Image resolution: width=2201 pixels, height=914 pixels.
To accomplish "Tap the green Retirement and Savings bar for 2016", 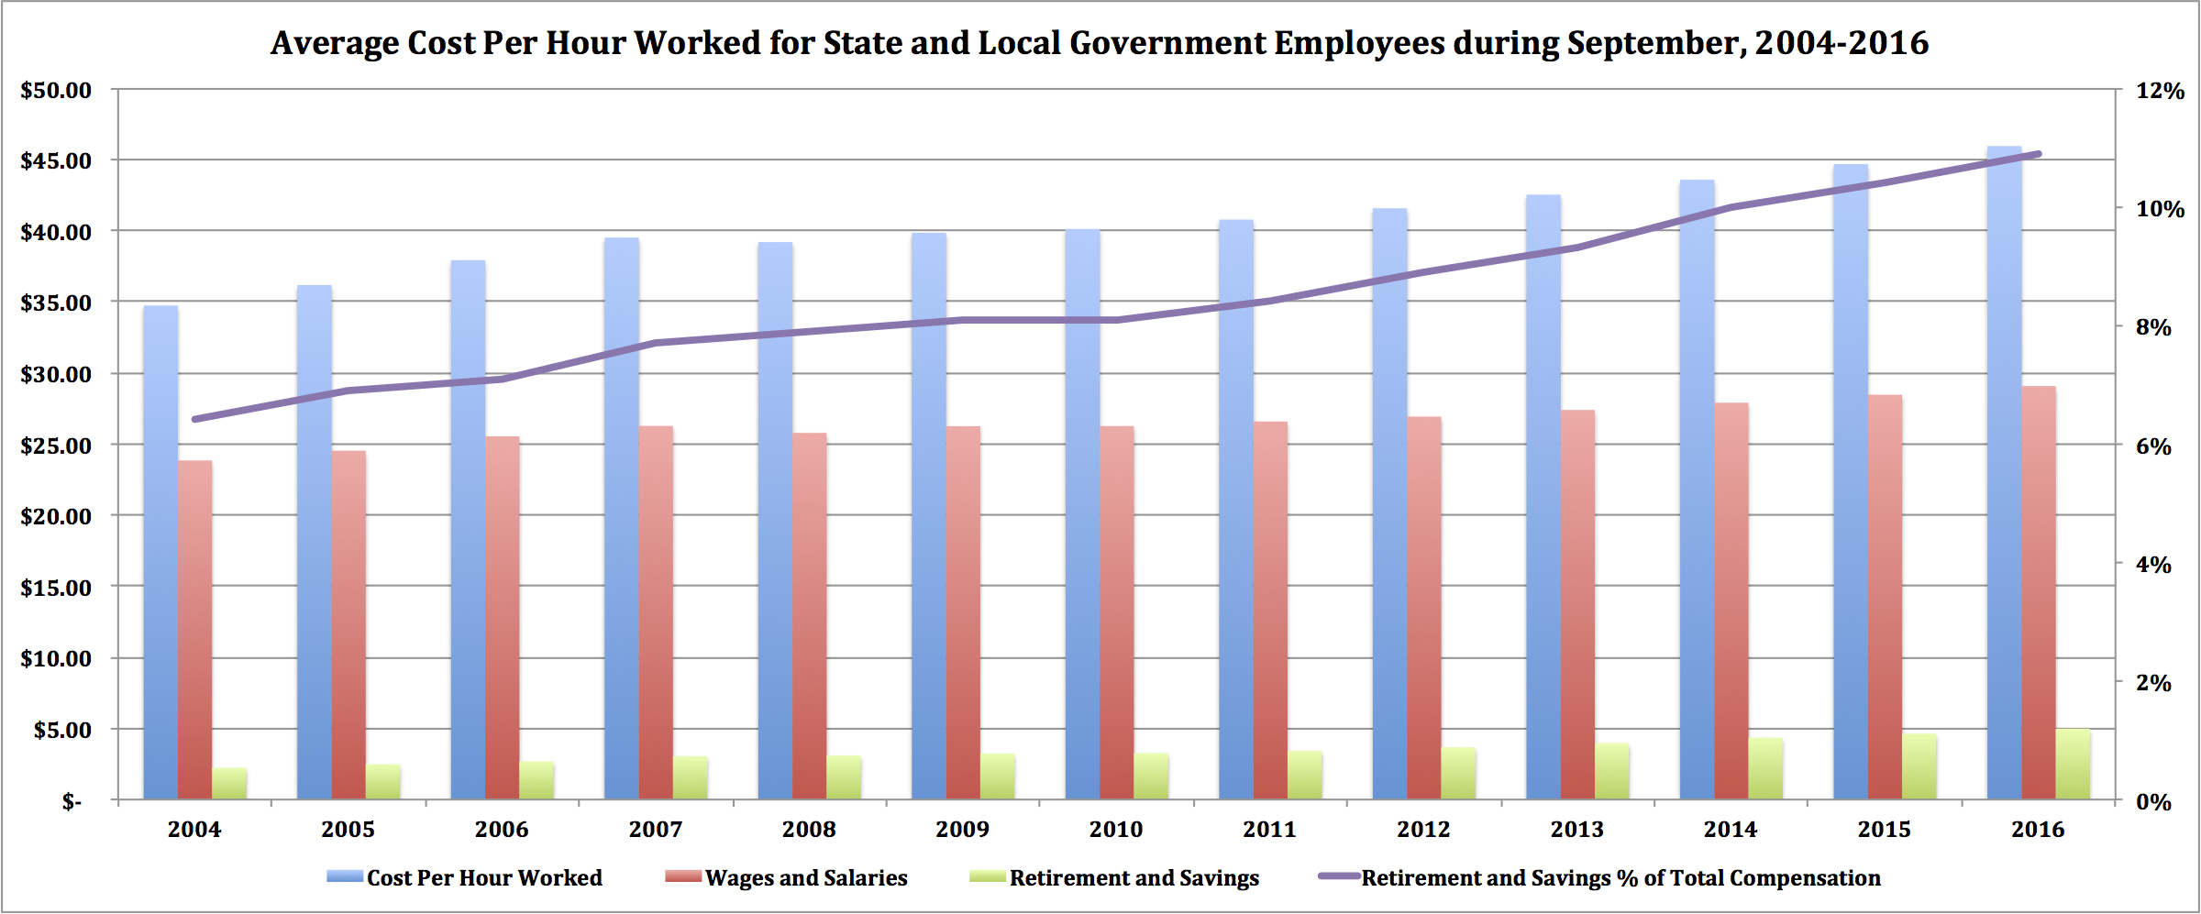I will coord(2073,765).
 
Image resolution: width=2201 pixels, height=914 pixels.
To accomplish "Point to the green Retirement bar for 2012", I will coord(1458,774).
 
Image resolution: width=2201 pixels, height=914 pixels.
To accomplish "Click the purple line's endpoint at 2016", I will coord(2038,154).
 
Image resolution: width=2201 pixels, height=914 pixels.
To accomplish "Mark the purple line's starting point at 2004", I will coord(194,419).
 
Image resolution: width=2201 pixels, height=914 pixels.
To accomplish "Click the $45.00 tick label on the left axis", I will coord(56,161).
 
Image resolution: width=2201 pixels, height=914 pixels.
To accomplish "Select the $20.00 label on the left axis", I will coord(56,517).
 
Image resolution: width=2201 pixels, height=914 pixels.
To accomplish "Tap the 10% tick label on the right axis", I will coord(2160,210).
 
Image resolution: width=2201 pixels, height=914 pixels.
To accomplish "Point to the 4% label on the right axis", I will coord(2153,566).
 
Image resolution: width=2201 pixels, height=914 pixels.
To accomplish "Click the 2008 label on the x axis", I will coord(809,830).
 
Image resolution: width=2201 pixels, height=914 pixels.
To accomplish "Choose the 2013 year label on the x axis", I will coord(1577,830).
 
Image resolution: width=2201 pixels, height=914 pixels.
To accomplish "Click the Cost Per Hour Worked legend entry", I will coord(484,878).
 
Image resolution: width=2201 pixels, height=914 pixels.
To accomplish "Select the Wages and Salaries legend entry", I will coord(806,878).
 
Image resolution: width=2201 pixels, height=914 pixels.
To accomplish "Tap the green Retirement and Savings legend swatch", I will coord(988,877).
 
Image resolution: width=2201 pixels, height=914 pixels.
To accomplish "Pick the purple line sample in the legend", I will coord(1338,876).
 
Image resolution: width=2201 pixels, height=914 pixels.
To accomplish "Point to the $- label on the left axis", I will coord(72,803).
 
